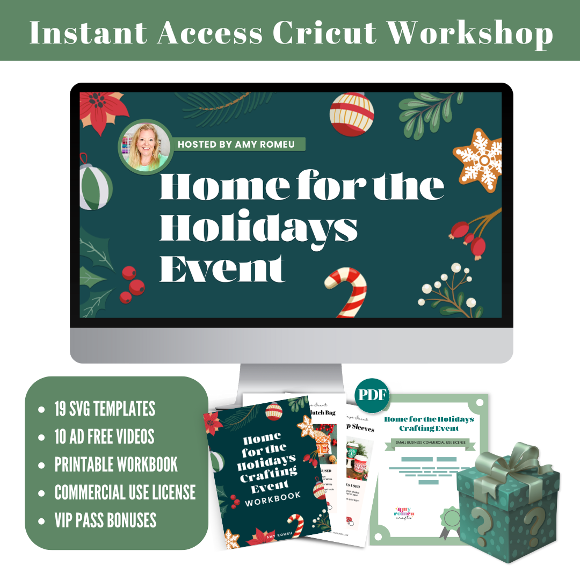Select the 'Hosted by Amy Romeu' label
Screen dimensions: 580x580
[x=236, y=144]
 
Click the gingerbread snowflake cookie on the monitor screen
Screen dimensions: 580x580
[x=477, y=161]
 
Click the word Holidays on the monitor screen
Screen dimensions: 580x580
[x=258, y=228]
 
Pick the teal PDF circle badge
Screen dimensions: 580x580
[x=372, y=395]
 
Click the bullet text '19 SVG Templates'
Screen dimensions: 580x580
[x=105, y=409]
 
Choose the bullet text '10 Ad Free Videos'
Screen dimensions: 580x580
[x=104, y=437]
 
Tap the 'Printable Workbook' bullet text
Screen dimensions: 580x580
[x=116, y=465]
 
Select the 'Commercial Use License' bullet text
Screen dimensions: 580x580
[x=125, y=492]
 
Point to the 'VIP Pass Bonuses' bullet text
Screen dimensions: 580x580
[x=105, y=520]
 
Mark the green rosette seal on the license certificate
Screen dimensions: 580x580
[x=450, y=520]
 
